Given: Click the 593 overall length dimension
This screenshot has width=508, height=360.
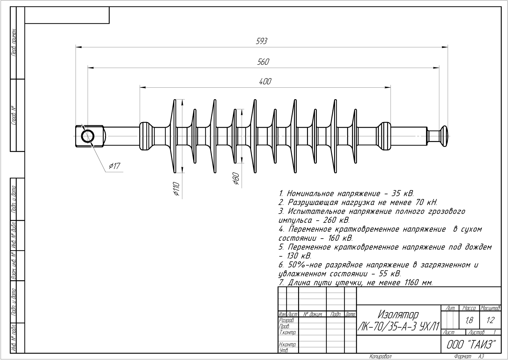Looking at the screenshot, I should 262,41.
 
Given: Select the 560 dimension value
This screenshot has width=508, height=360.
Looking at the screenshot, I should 263,62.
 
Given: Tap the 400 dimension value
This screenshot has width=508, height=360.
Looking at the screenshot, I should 265,82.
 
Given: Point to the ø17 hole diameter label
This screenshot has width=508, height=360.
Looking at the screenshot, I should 115,166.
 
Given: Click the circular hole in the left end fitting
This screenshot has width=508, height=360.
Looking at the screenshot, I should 88,136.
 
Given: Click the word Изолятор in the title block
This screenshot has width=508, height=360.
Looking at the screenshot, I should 398,315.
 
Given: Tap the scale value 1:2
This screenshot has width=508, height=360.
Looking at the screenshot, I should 491,321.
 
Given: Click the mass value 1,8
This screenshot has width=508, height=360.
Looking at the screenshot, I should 469,321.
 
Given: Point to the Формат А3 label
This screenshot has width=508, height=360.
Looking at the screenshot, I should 469,357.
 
